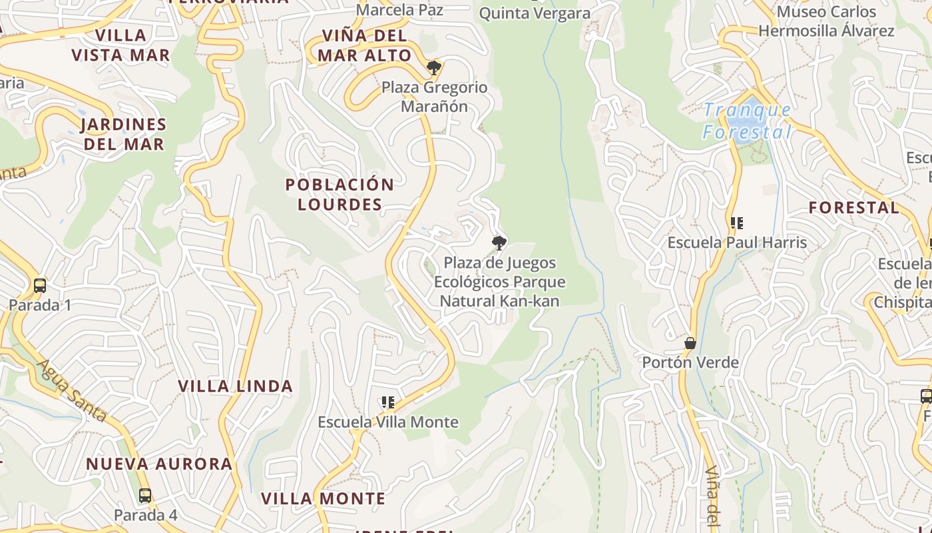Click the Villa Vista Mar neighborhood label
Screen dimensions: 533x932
120,45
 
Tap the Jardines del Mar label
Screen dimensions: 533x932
123,134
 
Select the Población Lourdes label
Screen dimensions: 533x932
340,194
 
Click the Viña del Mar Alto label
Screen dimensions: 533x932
364,45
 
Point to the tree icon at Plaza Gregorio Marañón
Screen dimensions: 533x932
433,67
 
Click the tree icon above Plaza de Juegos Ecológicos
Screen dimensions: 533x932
499,243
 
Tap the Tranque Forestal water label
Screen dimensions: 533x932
747,121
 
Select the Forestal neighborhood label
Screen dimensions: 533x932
853,207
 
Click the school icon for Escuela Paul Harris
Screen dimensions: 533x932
736,223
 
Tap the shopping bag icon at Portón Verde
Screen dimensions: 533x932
690,343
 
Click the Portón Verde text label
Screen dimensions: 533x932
690,362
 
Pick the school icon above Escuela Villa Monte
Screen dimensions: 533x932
388,402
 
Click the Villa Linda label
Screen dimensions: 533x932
236,386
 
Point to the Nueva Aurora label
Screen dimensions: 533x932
159,464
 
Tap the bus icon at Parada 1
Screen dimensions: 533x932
40,286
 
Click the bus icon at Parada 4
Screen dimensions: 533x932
144,496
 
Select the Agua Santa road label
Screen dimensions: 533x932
72,390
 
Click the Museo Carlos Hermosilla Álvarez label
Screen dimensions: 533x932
826,21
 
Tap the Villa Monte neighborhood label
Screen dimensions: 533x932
323,498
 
